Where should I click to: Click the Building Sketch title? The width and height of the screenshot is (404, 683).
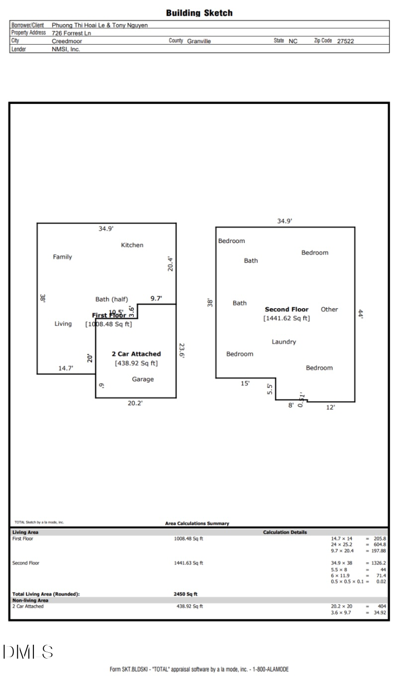(199, 13)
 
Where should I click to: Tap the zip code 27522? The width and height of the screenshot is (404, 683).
(345, 41)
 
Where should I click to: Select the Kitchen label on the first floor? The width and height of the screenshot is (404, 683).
(132, 245)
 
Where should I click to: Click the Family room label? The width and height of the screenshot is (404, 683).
(62, 257)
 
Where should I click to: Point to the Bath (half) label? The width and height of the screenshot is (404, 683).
(111, 299)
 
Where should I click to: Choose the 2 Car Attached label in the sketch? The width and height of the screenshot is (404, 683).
(136, 354)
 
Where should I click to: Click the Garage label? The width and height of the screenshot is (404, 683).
(143, 379)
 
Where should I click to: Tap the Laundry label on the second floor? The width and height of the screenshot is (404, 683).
(284, 342)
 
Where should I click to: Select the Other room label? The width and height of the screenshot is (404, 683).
(329, 309)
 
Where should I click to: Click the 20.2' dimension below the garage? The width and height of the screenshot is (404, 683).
(135, 403)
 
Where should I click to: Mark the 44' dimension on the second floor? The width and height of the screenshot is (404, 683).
(361, 314)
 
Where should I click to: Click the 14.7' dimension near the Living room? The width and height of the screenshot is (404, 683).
(66, 368)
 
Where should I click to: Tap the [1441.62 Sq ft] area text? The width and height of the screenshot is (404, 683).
(286, 318)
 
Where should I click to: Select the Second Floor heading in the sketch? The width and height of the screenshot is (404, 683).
(287, 309)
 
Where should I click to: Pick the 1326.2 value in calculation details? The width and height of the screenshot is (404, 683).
(378, 563)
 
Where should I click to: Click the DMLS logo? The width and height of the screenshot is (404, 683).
(28, 652)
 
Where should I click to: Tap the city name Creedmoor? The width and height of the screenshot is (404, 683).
(67, 41)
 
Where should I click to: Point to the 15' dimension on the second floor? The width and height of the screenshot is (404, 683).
(245, 383)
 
